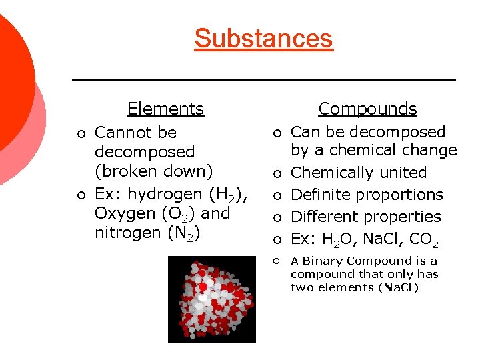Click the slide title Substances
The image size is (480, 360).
(x=263, y=38)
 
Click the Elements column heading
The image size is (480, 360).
(x=165, y=109)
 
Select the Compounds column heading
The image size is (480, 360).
(x=367, y=109)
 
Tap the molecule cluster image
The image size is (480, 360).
(x=211, y=300)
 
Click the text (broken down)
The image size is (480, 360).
(x=153, y=171)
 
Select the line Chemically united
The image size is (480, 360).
(x=359, y=173)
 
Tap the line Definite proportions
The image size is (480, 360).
(x=367, y=195)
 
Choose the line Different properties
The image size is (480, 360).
(x=366, y=217)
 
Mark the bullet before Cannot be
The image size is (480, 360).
(x=81, y=133)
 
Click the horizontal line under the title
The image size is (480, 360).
(x=263, y=80)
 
